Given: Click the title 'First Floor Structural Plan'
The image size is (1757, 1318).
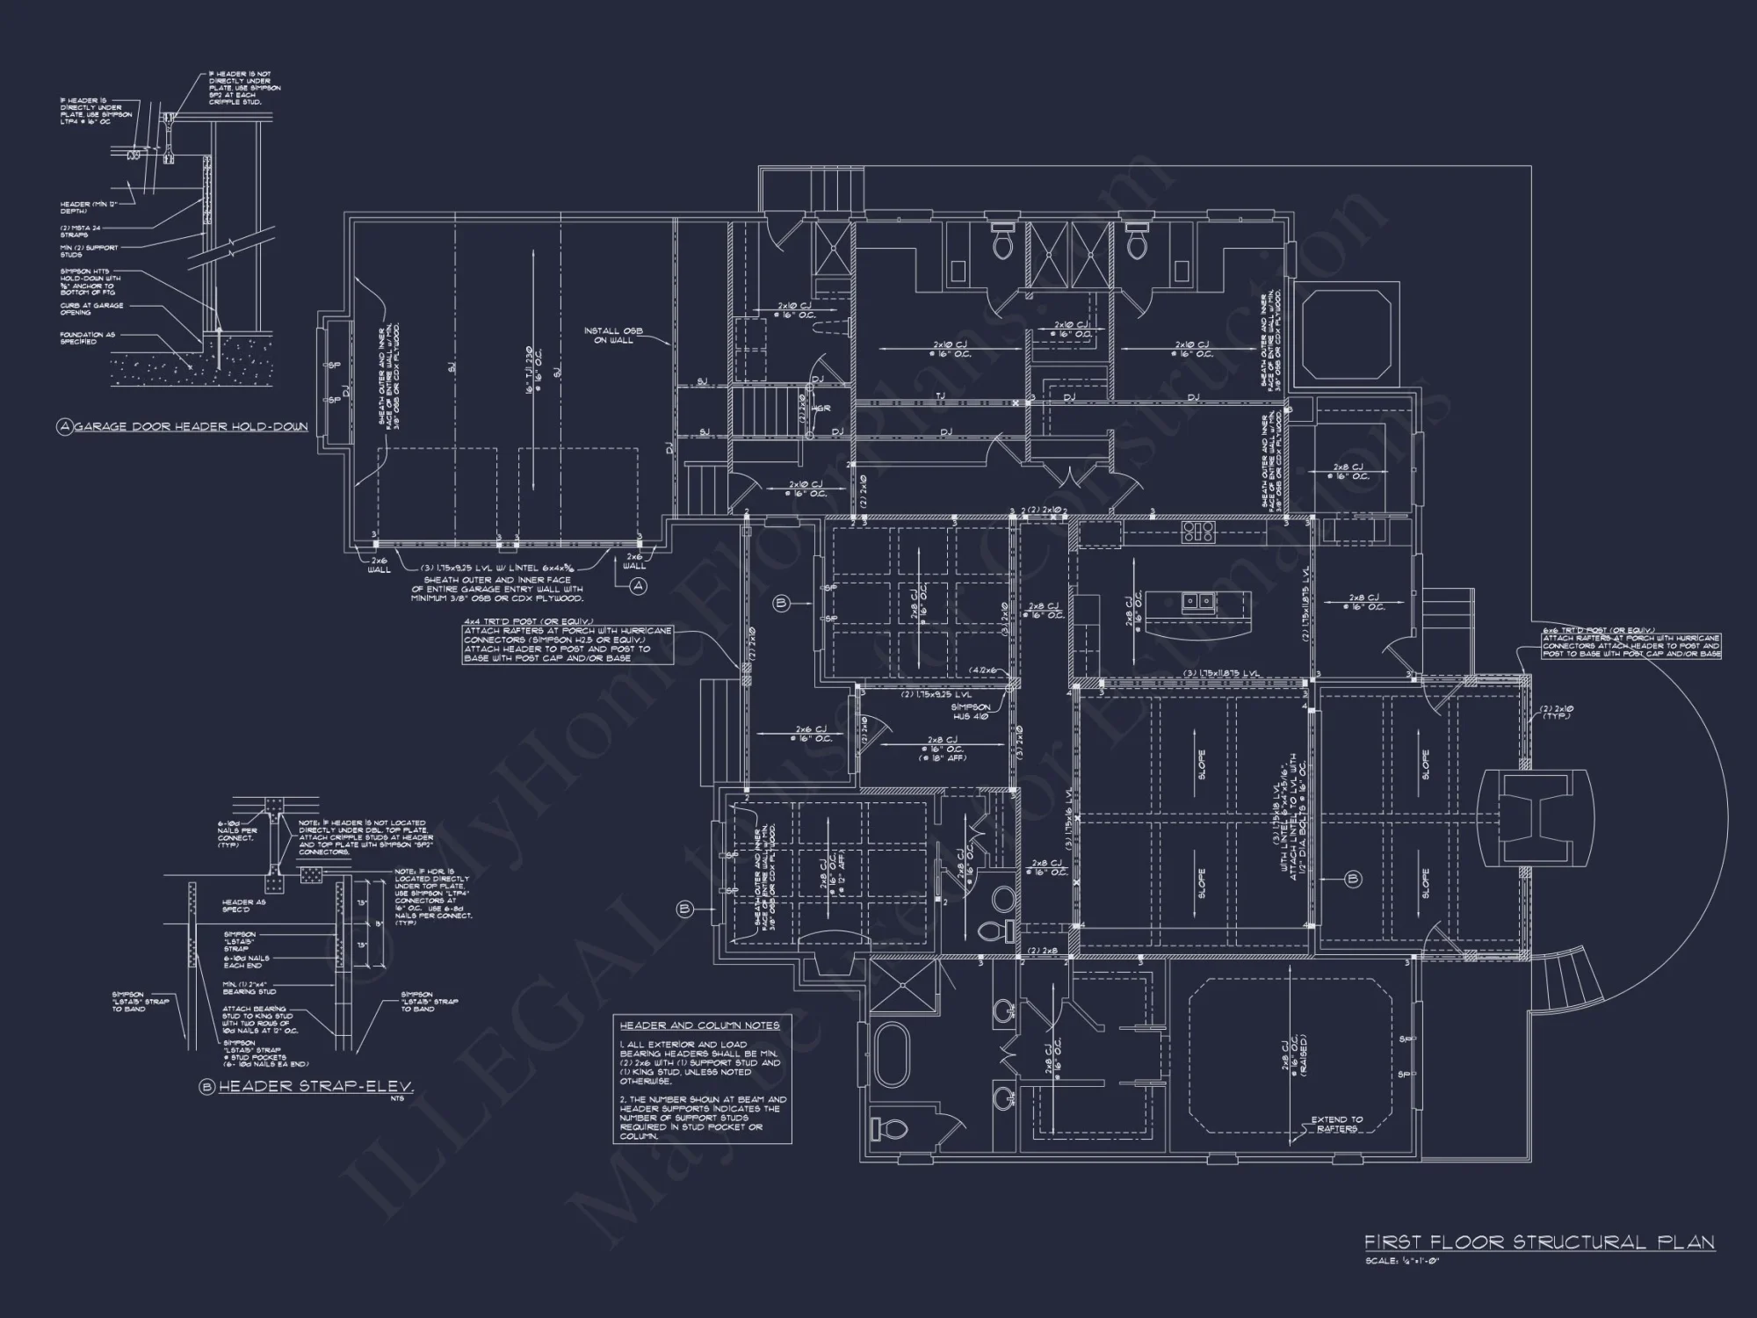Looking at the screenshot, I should (x=1539, y=1242).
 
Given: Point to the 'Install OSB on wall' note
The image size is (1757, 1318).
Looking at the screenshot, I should (x=613, y=335).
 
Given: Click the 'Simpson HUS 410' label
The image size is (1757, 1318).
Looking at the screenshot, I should (x=971, y=711).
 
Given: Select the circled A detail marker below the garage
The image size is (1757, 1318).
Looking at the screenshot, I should (x=639, y=585).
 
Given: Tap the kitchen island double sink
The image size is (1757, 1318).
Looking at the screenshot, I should (x=1199, y=601).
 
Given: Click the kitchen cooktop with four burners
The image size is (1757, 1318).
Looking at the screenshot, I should (x=1197, y=530).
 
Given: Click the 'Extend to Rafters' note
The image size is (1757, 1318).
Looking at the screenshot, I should (x=1336, y=1124).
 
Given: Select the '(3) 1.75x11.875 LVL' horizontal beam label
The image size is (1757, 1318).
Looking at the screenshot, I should (x=1221, y=673).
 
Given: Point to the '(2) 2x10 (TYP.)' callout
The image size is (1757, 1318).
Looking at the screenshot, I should (x=1556, y=712).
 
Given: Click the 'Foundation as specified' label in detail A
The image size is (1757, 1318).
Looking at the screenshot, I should (x=87, y=338).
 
